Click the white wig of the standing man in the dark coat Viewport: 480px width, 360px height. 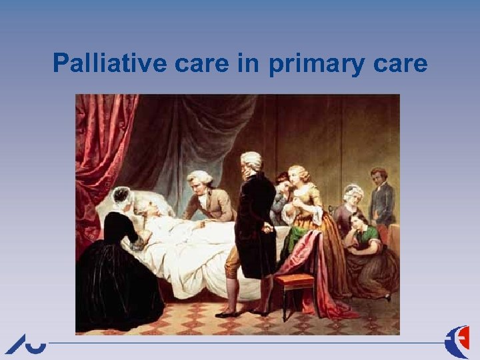point(251,160)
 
